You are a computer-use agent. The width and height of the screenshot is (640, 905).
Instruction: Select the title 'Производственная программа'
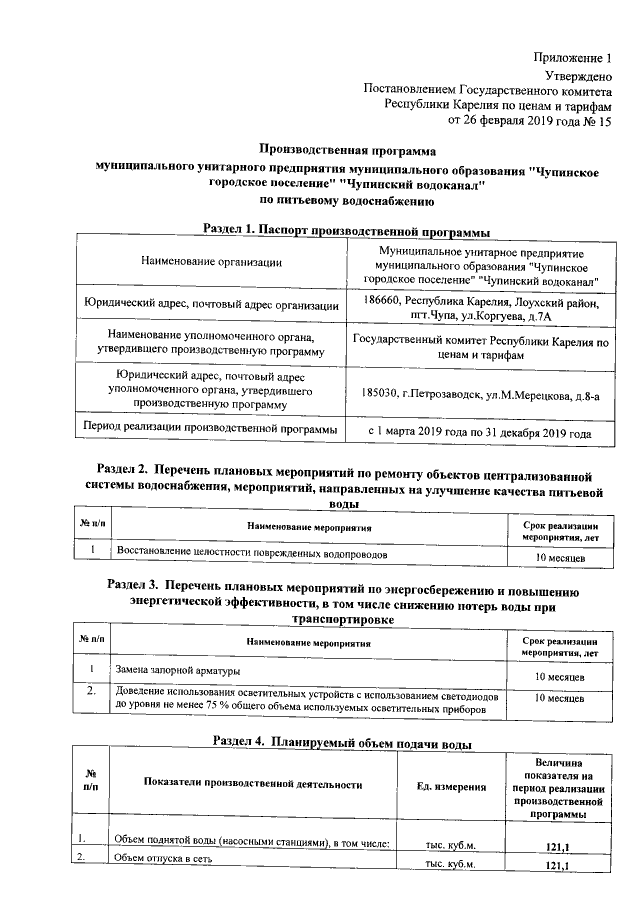coord(347,150)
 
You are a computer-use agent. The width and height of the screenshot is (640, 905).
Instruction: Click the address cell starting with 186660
coord(481,309)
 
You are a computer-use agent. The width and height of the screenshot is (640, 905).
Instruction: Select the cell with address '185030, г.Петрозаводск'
coord(481,395)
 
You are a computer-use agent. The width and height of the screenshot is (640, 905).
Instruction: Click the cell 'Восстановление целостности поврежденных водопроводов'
coord(251,552)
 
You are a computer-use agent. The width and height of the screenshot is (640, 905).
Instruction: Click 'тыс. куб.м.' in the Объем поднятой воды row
coord(448,845)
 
